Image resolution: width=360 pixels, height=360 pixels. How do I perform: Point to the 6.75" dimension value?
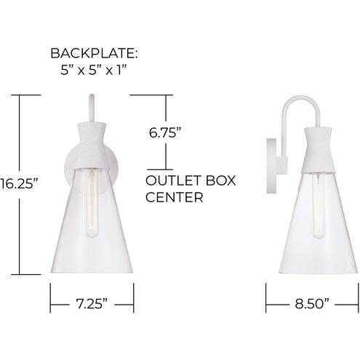(x=164, y=132)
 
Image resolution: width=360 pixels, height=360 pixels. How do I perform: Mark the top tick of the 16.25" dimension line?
(x=29, y=95)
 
